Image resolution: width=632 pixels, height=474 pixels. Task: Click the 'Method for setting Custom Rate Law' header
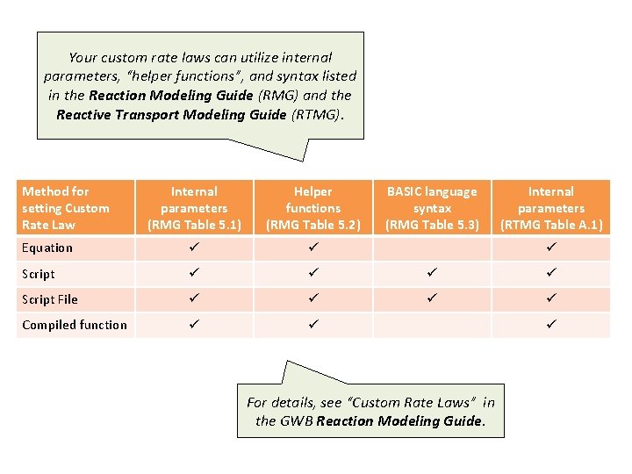[x=66, y=208]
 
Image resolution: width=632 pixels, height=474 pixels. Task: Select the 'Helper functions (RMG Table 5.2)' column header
[x=313, y=208]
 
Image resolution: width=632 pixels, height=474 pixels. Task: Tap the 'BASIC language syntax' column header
[x=432, y=208]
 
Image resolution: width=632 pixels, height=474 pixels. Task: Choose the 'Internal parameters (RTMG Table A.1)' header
[x=550, y=208]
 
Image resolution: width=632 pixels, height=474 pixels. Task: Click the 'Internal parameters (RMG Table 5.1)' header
[x=194, y=208]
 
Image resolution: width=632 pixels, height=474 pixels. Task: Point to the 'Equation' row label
[x=47, y=248]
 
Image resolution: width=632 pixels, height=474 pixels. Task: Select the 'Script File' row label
[x=50, y=299]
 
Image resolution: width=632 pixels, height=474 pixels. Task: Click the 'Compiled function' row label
[x=75, y=325]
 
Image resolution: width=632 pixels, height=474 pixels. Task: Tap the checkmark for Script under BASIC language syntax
[x=432, y=274]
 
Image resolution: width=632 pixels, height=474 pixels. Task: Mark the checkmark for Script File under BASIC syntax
[x=432, y=299]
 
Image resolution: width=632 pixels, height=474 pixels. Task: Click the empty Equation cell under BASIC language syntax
[x=432, y=248]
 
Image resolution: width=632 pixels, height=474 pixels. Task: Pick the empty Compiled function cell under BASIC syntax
[x=432, y=325]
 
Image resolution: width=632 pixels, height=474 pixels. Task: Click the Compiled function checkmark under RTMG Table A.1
[x=550, y=325]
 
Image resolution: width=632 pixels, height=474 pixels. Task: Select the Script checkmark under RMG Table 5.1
[x=194, y=274]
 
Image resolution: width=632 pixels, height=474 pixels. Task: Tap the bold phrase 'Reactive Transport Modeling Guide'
[x=171, y=114]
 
